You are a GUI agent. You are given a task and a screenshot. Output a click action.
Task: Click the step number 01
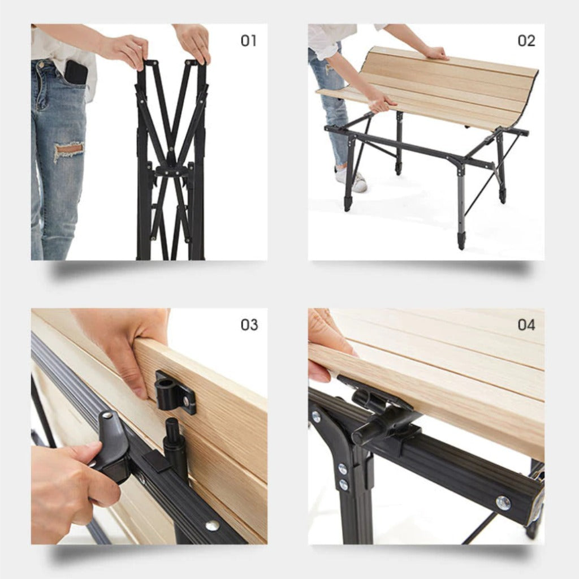[248, 41]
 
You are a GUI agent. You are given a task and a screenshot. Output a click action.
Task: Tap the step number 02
[526, 41]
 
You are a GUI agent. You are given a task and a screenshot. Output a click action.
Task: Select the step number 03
[249, 325]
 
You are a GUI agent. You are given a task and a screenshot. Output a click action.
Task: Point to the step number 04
[526, 325]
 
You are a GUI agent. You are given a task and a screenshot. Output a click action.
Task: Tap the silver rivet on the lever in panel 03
[106, 416]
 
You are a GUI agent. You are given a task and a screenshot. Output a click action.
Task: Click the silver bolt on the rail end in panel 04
[503, 502]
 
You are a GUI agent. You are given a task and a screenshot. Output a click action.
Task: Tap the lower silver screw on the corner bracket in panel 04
[343, 484]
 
